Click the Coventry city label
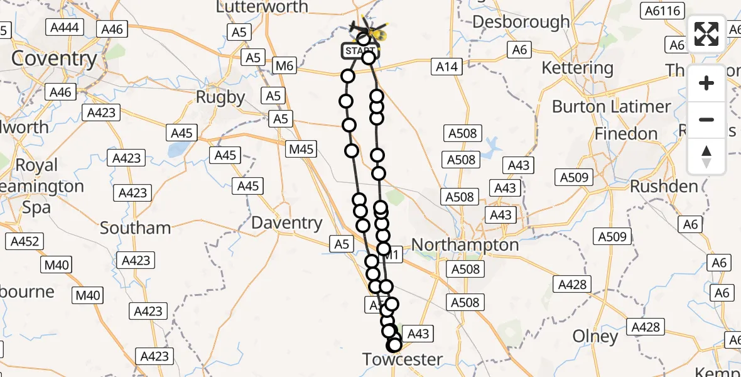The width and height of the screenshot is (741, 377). click(54, 59)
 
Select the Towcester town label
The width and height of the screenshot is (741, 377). click(403, 359)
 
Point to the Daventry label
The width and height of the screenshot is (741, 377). click(286, 222)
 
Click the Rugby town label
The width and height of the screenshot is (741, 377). click(220, 97)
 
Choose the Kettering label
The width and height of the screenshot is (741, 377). click(577, 68)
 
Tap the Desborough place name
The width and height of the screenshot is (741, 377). click(521, 22)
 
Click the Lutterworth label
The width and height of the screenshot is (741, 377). click(262, 7)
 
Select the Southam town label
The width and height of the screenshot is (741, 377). click(135, 227)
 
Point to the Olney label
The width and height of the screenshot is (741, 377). click(595, 337)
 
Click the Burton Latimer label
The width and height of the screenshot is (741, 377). click(611, 107)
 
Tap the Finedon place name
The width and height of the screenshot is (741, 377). click(625, 134)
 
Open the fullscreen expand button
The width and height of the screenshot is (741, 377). click(706, 34)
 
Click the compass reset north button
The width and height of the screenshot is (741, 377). click(706, 156)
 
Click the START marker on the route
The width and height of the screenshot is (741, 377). click(360, 50)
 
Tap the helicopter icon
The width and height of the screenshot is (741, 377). click(374, 31)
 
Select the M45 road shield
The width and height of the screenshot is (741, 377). click(301, 150)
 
